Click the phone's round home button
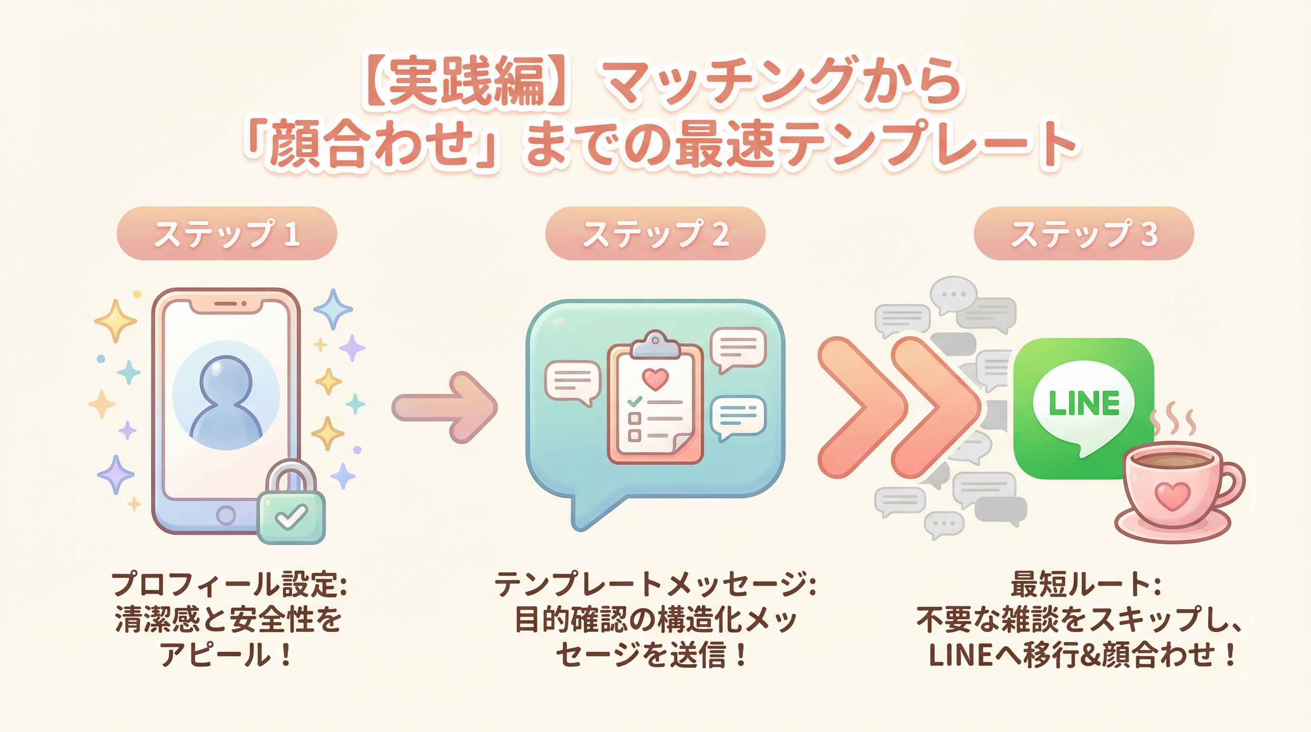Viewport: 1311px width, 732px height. click(226, 515)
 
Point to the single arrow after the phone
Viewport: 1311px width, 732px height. click(445, 406)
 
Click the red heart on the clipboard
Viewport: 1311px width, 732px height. click(655, 378)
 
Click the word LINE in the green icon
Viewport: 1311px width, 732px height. click(1084, 404)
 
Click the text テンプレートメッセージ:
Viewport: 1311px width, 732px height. click(655, 585)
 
